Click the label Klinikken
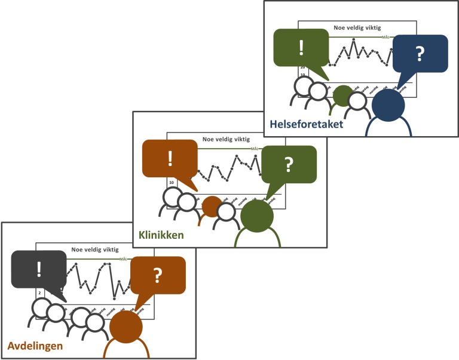pos(161,235)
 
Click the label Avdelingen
pos(35,346)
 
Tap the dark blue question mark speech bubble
pos(420,54)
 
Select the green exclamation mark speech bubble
pos(301,48)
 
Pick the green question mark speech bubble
pos(289,164)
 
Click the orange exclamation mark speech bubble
pos(170,159)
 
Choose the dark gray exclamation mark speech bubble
pos(39,269)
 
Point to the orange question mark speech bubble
pos(158,275)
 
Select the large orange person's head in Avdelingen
pos(126,327)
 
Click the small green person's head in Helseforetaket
pos(342,96)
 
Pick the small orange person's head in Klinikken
pos(212,206)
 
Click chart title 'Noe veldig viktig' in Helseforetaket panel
pos(357,27)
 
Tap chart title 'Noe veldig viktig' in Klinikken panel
pos(226,139)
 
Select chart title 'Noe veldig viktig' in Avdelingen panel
pos(95,250)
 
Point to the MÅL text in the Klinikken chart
pos(255,148)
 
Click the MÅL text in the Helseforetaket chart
pos(386,37)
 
